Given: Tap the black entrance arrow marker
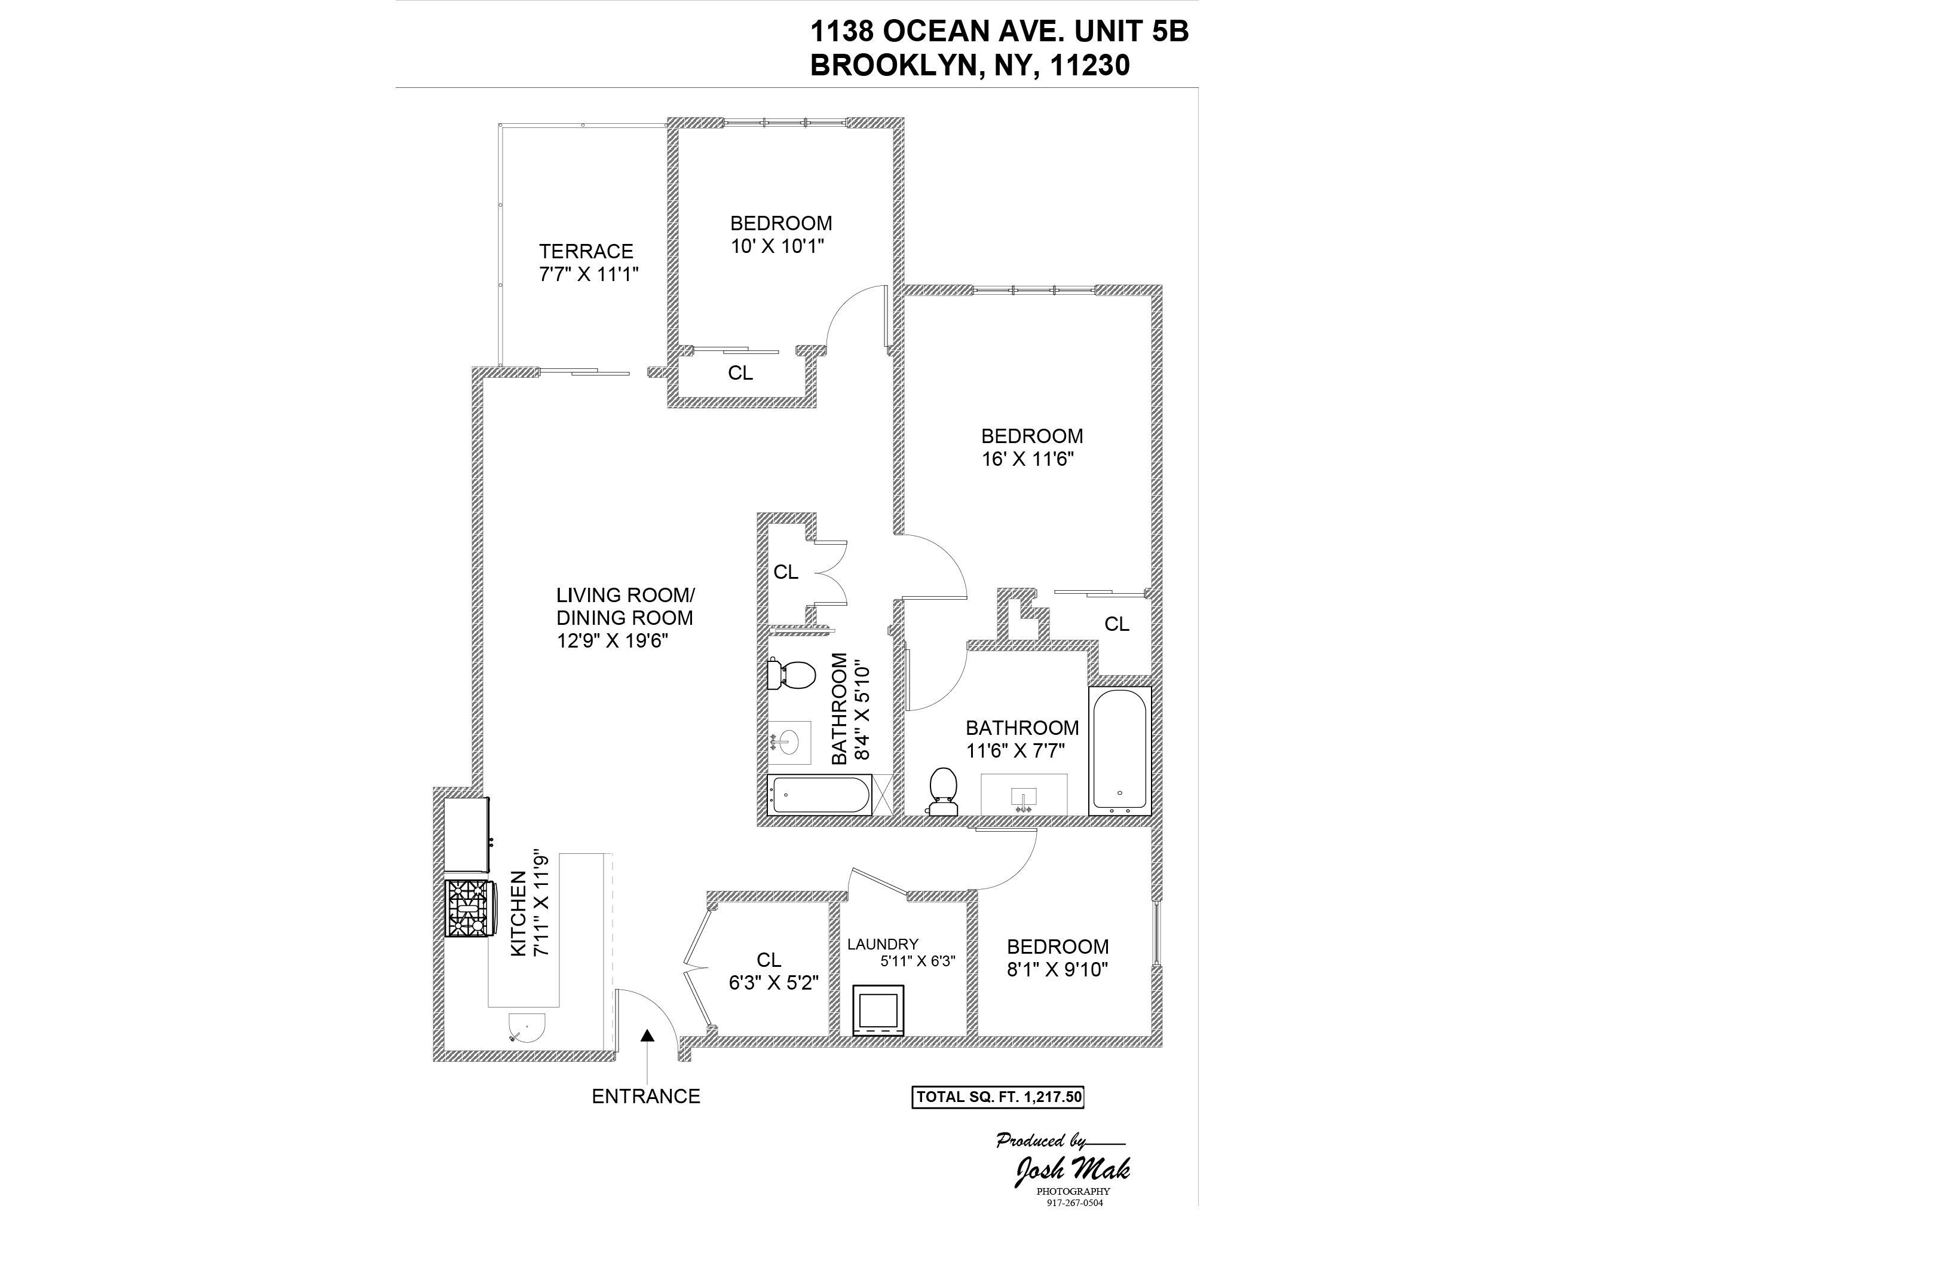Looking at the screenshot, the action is [647, 1035].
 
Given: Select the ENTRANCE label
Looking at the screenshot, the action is [646, 1096].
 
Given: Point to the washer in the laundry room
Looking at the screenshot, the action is [878, 1010].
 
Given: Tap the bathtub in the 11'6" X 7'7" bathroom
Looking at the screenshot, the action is [1119, 749].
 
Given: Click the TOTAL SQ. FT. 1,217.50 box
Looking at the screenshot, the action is [998, 1097].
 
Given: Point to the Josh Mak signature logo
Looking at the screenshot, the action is [1071, 1170].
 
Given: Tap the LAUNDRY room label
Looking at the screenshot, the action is [883, 944].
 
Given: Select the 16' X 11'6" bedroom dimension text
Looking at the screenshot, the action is [1027, 459].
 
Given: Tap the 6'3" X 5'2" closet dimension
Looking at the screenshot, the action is [773, 983].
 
